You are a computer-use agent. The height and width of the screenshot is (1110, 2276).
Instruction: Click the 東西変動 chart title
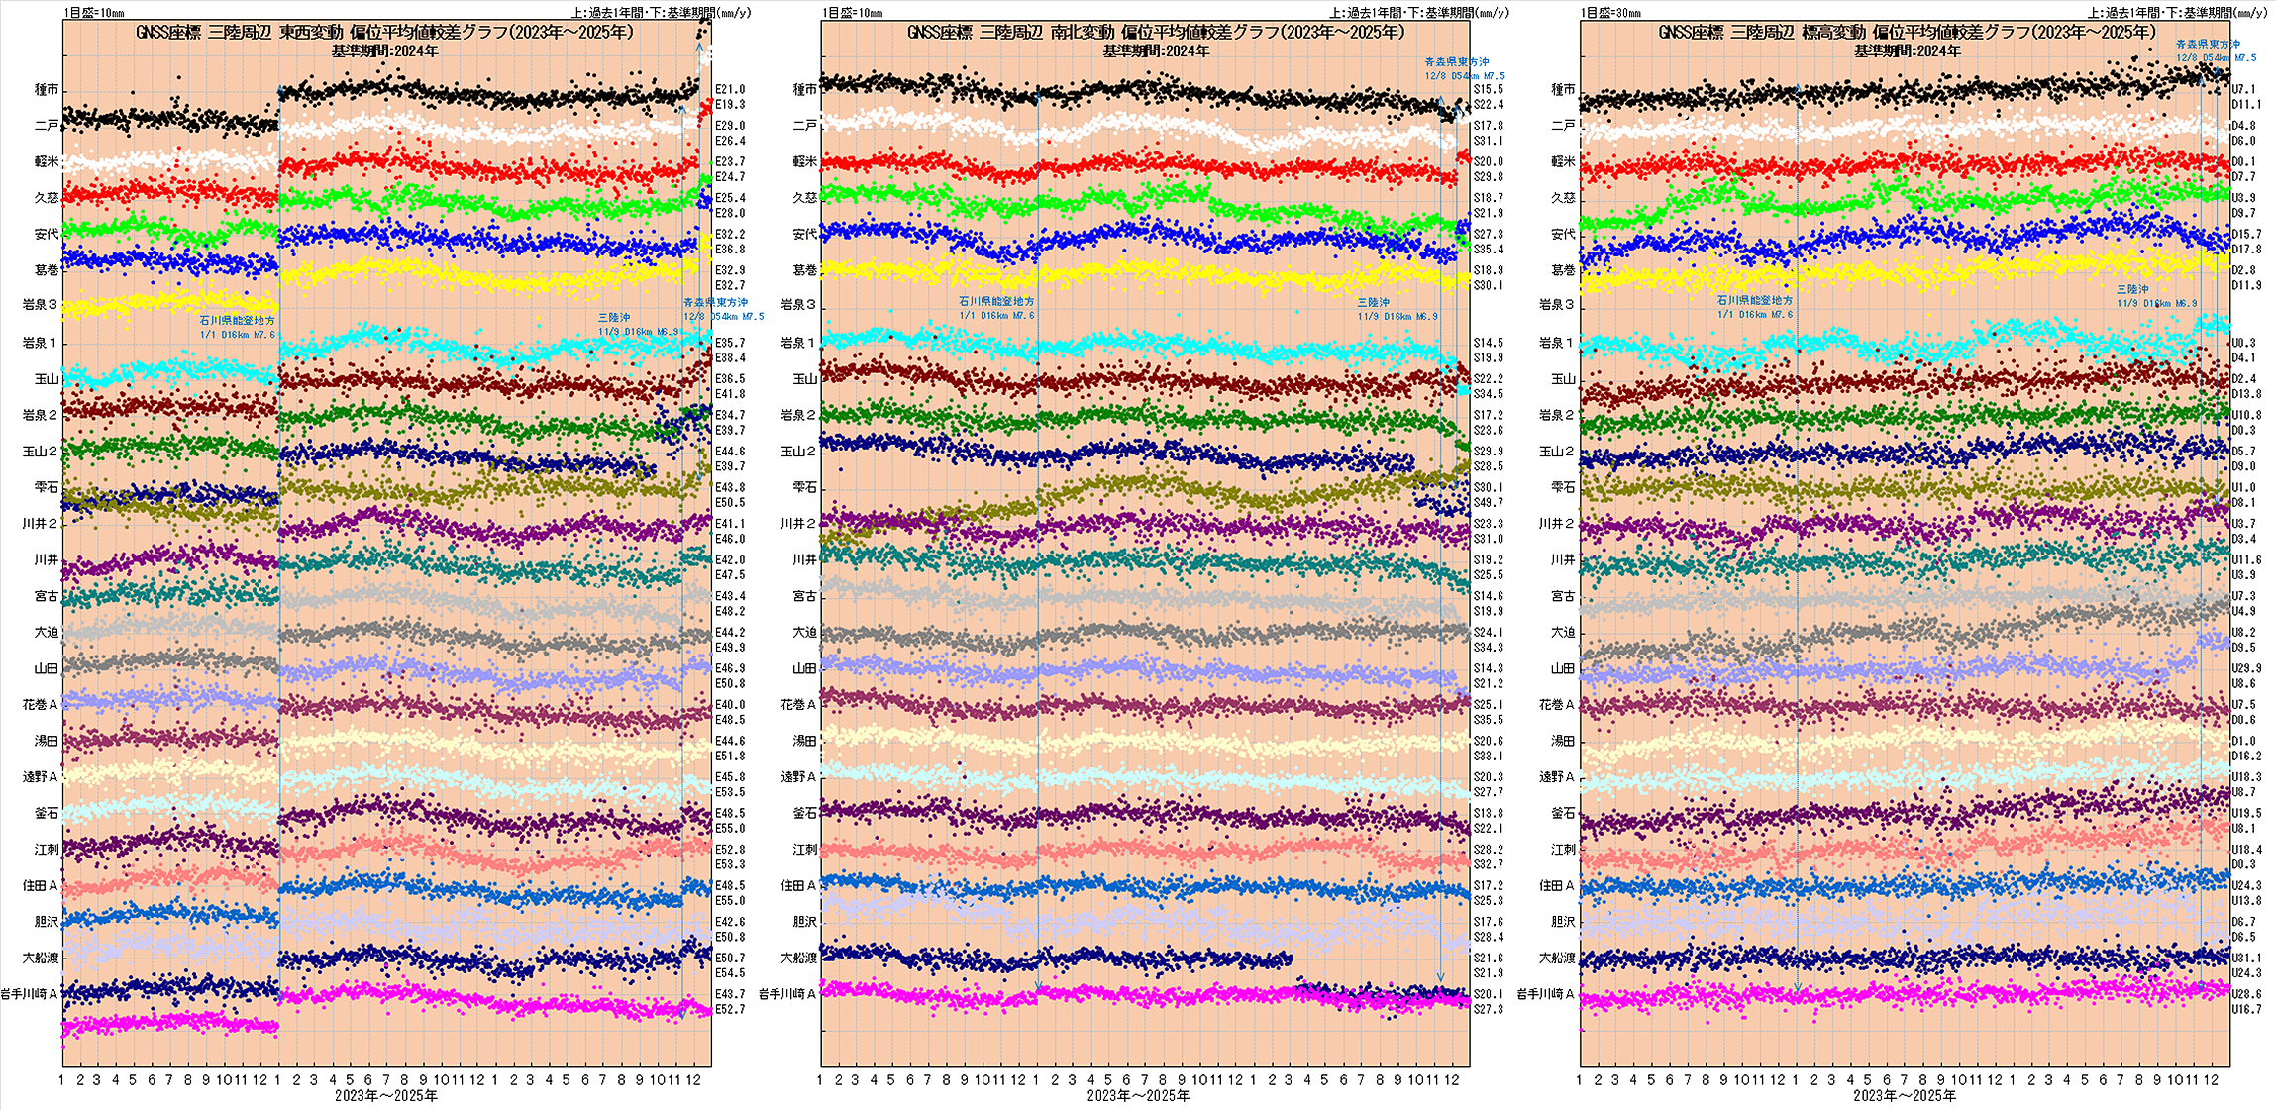click(384, 32)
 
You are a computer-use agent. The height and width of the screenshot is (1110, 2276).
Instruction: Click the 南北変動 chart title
click(1156, 32)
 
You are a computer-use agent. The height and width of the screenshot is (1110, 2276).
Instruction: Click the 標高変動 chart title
click(1907, 32)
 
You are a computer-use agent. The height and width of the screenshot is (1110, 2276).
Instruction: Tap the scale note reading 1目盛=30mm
click(1610, 13)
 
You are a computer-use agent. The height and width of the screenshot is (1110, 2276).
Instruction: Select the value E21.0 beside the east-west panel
click(730, 89)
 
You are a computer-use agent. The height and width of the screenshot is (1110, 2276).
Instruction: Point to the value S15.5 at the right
click(1488, 89)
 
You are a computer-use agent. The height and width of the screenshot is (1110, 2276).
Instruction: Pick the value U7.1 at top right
click(2243, 89)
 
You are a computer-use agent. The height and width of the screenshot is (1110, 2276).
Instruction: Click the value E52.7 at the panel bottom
click(730, 1009)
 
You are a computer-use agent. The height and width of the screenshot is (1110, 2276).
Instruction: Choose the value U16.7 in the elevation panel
click(2246, 1009)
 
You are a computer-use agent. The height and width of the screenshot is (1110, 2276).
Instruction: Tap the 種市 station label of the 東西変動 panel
click(47, 89)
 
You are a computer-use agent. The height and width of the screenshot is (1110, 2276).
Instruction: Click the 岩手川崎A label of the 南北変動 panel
click(787, 993)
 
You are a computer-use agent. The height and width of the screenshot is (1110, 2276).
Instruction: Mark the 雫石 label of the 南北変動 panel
click(804, 487)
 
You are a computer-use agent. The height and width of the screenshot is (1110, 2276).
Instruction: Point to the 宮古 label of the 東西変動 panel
click(47, 596)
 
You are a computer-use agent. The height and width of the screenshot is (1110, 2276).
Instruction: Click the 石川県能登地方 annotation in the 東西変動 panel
click(237, 321)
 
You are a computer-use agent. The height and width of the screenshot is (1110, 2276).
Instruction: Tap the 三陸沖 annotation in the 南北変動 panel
click(1373, 302)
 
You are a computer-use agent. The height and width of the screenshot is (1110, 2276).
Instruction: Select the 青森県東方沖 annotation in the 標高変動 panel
click(2208, 44)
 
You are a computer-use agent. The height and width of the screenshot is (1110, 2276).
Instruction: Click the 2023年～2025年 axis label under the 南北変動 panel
click(1138, 1095)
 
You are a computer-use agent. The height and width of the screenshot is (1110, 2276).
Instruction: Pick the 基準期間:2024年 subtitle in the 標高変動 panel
click(1907, 50)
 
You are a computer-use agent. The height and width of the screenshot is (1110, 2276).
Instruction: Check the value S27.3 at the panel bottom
click(1488, 1009)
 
